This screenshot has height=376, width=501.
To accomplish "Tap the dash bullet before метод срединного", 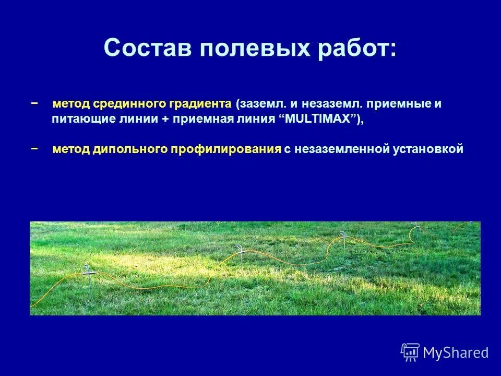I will tap(34, 103).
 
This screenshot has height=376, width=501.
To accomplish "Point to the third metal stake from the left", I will tap(344, 240).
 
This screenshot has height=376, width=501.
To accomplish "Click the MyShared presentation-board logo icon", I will tap(410, 352).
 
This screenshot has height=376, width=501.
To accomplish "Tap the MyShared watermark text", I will tap(456, 352).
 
